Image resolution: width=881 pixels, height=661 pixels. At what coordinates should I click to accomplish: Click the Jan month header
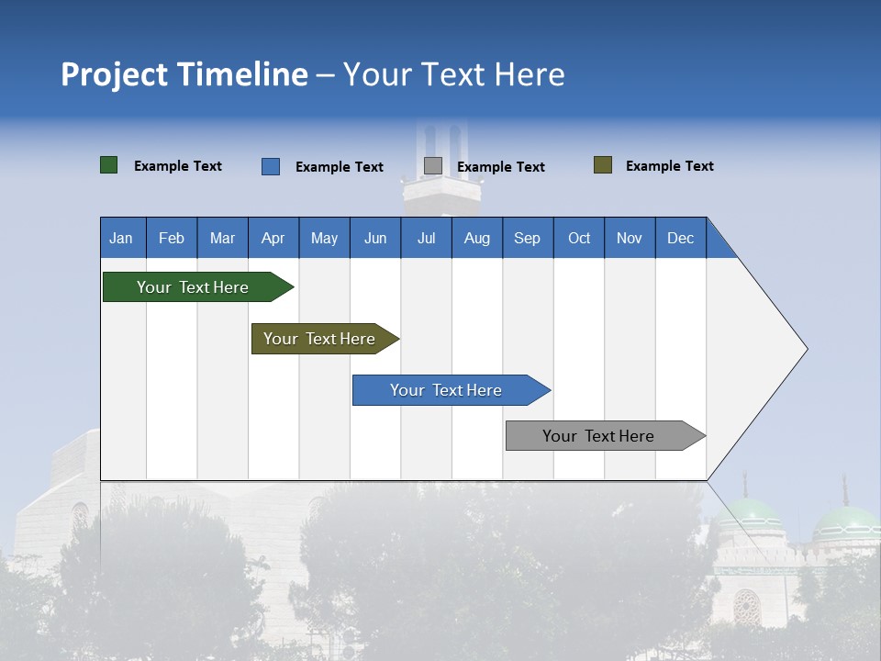point(122,238)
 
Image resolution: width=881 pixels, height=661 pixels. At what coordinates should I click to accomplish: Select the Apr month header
point(273,238)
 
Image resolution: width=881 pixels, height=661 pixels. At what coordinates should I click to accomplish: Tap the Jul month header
point(426,238)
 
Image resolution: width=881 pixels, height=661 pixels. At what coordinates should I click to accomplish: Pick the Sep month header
point(528,238)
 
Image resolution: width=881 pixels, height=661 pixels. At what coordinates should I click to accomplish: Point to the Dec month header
point(680,238)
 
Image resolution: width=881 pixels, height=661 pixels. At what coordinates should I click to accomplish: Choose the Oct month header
point(579,238)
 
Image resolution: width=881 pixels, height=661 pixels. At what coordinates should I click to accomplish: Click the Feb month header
point(172,238)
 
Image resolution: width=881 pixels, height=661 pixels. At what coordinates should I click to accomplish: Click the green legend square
point(109,165)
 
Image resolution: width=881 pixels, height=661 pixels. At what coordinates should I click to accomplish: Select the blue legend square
point(271,166)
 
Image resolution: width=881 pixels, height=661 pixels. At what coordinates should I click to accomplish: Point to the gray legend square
point(433,166)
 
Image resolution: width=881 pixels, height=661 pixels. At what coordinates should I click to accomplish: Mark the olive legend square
point(603,165)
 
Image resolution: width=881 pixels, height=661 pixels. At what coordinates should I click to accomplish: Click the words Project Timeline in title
point(184,74)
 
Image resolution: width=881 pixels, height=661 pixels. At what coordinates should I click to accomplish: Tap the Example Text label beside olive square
point(669,166)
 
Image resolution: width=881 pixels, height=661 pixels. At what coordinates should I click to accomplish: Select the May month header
point(324,238)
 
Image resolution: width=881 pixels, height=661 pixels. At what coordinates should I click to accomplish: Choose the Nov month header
point(630,238)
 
